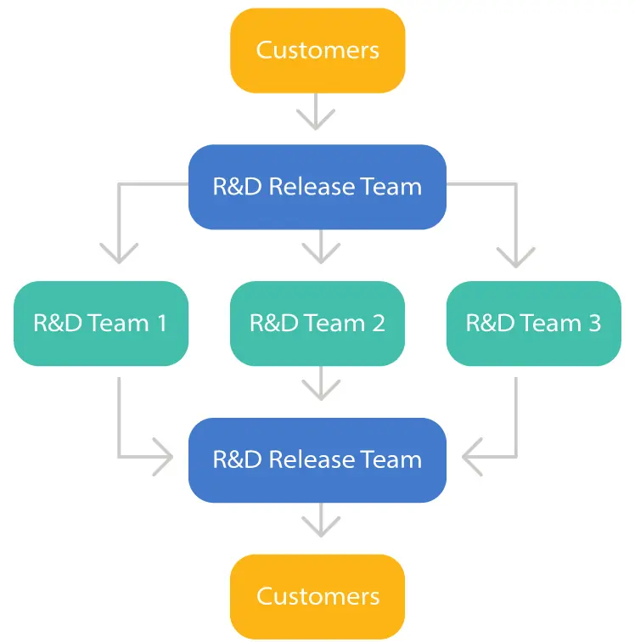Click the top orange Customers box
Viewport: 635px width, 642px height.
click(x=317, y=50)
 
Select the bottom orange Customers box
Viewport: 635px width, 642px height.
click(x=317, y=596)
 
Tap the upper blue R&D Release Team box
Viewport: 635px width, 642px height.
click(x=317, y=187)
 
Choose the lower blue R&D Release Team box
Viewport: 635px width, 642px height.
click(x=317, y=459)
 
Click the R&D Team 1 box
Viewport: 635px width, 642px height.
click(x=100, y=324)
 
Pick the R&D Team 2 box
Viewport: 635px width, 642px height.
click(x=317, y=324)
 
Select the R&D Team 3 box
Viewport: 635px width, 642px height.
click(x=534, y=324)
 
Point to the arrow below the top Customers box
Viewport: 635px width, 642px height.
click(x=317, y=112)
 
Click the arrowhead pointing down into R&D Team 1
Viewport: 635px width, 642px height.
click(x=119, y=253)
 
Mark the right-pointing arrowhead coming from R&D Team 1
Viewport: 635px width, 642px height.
click(x=163, y=459)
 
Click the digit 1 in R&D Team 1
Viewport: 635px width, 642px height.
click(x=160, y=324)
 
